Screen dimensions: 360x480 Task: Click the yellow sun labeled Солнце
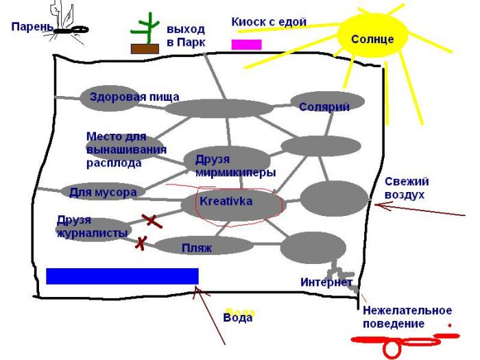[372, 39]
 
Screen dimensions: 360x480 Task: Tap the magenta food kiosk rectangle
[246, 45]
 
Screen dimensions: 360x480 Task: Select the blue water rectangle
[122, 276]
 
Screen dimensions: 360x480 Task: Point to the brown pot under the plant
[145, 49]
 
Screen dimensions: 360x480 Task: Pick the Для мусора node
[103, 191]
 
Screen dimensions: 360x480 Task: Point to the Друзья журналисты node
[93, 227]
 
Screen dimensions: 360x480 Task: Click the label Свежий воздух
[406, 188]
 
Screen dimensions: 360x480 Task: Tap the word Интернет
[326, 282]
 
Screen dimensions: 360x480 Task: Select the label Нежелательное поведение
[407, 317]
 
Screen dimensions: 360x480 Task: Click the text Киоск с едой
[268, 23]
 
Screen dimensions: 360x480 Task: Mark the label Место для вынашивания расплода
[125, 149]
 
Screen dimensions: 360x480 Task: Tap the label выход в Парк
[185, 36]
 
